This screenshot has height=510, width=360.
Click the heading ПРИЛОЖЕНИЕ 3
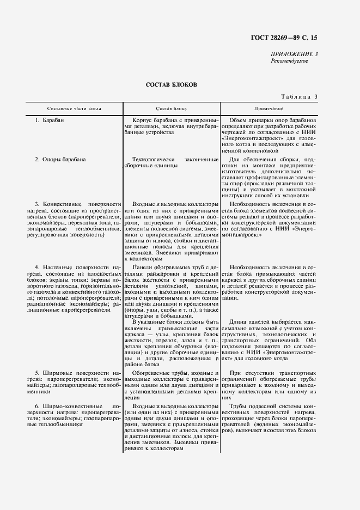pos(294,54)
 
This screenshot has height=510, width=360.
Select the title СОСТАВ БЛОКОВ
pos(172,86)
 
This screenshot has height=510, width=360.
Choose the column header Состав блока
pos(172,108)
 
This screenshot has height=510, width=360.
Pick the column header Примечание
pos(268,108)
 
